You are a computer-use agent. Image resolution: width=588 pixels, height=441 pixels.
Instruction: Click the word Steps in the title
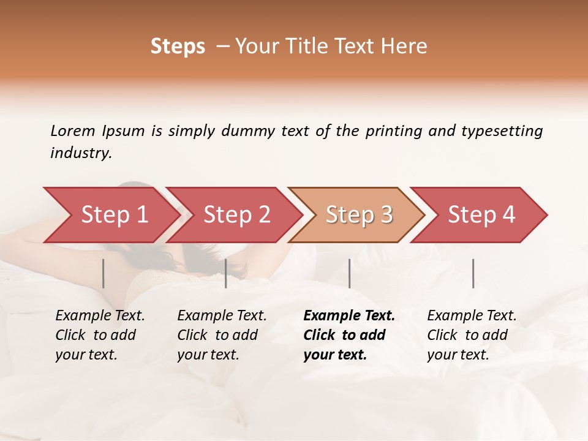pos(178,47)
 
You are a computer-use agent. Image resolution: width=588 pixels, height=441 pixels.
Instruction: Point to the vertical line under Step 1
pos(104,273)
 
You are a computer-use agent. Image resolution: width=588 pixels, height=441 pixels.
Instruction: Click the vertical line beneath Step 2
pos(226,273)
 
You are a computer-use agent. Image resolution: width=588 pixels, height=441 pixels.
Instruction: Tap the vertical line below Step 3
pos(350,273)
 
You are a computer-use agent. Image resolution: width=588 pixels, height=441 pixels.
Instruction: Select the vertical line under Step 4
pos(473,273)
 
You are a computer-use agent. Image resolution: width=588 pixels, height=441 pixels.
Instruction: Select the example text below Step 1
pos(100,335)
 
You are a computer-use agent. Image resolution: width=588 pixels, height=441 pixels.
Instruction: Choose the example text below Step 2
pos(222,335)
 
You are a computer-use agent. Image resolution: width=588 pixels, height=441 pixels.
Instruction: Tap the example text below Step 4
pos(472,335)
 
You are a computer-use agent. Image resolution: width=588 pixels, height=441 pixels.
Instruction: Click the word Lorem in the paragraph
pos(73,131)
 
